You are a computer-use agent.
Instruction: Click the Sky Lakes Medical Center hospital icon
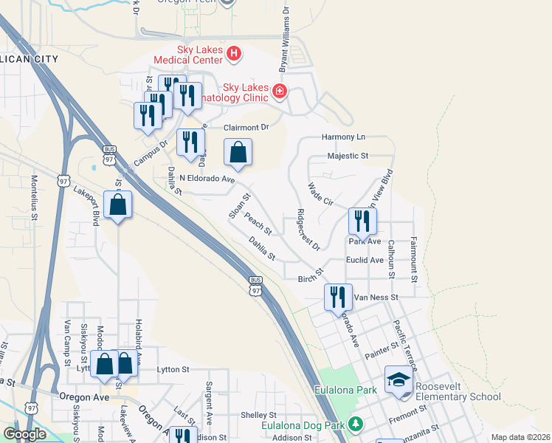point(234,53)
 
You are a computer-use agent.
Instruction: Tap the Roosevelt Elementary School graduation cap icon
point(399,381)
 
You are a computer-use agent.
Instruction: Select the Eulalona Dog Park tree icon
point(356,425)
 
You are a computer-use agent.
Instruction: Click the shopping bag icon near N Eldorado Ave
point(238,153)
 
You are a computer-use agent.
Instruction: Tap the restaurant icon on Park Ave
point(362,221)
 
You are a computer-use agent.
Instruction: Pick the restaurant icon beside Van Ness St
point(337,298)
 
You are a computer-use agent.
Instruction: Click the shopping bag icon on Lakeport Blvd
point(118,206)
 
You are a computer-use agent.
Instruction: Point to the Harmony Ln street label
point(344,137)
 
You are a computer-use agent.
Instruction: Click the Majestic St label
point(348,157)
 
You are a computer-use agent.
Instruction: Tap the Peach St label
point(258,224)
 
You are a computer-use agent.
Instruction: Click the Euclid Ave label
point(365,261)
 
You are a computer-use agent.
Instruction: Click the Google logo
point(24,435)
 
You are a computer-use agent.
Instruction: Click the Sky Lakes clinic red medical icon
point(280,92)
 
